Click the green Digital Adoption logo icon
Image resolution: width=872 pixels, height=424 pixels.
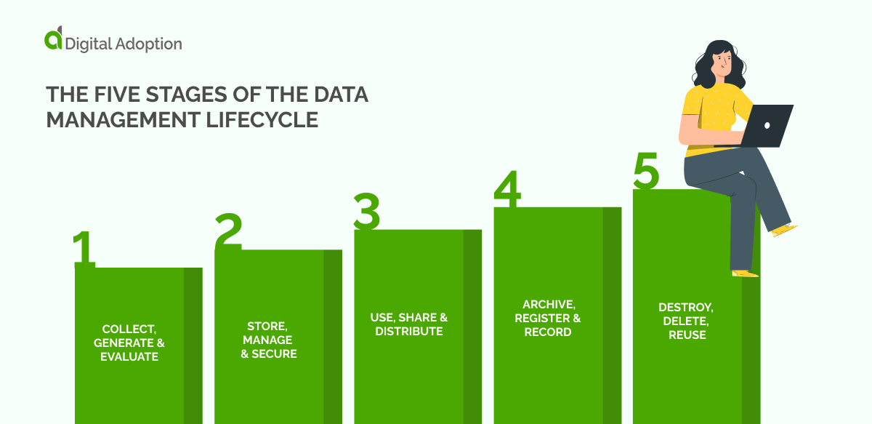coord(54,40)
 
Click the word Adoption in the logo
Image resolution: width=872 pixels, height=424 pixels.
coord(149,44)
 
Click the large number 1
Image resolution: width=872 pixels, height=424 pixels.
coord(84,249)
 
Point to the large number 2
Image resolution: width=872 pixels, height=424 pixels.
coord(227,232)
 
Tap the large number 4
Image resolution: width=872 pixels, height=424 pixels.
coord(507,190)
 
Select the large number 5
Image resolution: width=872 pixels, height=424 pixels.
coord(646,172)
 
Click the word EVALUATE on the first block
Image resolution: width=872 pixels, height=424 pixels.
coord(129,357)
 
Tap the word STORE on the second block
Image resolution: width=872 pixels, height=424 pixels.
coord(269,327)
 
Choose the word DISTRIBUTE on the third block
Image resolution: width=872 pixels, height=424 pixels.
coord(408,332)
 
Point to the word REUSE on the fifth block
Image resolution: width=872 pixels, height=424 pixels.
coord(687,335)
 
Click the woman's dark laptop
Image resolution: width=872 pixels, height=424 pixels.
coord(764,125)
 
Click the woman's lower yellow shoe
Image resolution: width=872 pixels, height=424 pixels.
coord(744,273)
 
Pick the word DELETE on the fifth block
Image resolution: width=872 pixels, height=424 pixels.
coord(687,321)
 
